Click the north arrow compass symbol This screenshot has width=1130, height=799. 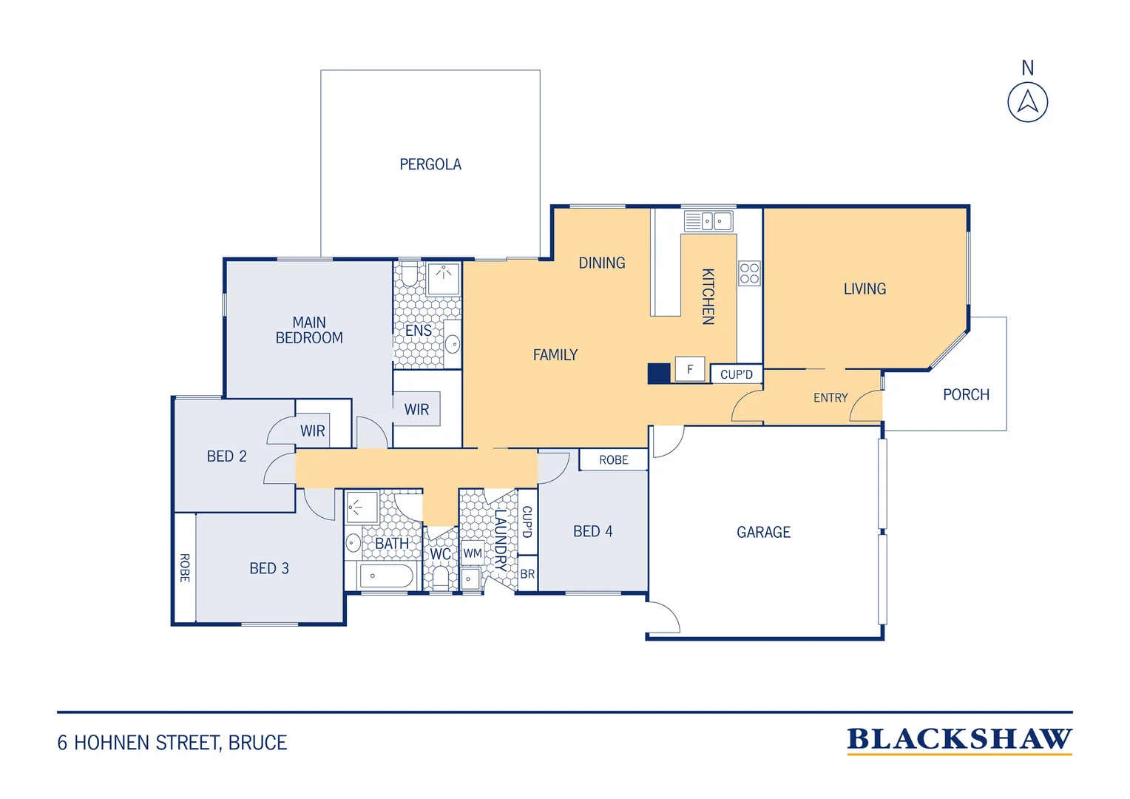tap(1028, 102)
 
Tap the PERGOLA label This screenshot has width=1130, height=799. tap(430, 164)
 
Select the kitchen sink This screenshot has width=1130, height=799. tap(708, 221)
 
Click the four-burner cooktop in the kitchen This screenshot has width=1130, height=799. tap(750, 273)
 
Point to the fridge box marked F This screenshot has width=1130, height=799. tap(689, 369)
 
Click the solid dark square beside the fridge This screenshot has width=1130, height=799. tap(659, 374)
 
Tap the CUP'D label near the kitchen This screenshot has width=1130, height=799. tap(737, 374)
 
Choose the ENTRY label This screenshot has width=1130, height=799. tap(830, 398)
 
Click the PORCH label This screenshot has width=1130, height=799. tap(966, 395)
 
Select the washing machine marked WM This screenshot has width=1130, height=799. tap(473, 553)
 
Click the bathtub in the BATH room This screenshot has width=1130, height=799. tap(387, 576)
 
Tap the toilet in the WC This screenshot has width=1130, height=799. tap(441, 577)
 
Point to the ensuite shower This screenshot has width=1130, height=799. tap(444, 278)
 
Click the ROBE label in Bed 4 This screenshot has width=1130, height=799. tap(613, 460)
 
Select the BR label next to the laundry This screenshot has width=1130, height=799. tap(527, 574)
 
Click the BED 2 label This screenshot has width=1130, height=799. tap(226, 456)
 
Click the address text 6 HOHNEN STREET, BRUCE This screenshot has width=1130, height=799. tap(172, 743)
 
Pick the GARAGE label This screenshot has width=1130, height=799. tap(763, 532)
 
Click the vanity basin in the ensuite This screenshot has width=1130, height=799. tap(453, 344)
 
